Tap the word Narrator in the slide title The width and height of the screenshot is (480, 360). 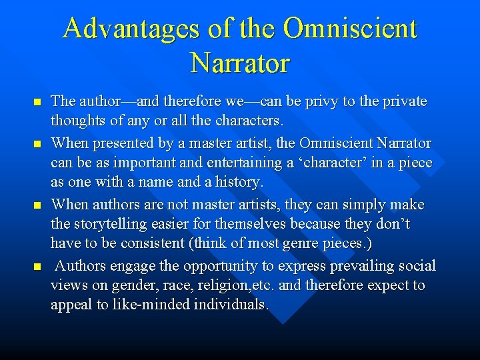240,63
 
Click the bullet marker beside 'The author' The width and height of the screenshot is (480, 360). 37,103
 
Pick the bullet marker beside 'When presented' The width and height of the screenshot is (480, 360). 37,143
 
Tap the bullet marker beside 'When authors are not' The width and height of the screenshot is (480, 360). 37,205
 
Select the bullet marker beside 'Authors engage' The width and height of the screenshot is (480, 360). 37,267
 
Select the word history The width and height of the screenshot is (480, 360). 238,183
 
